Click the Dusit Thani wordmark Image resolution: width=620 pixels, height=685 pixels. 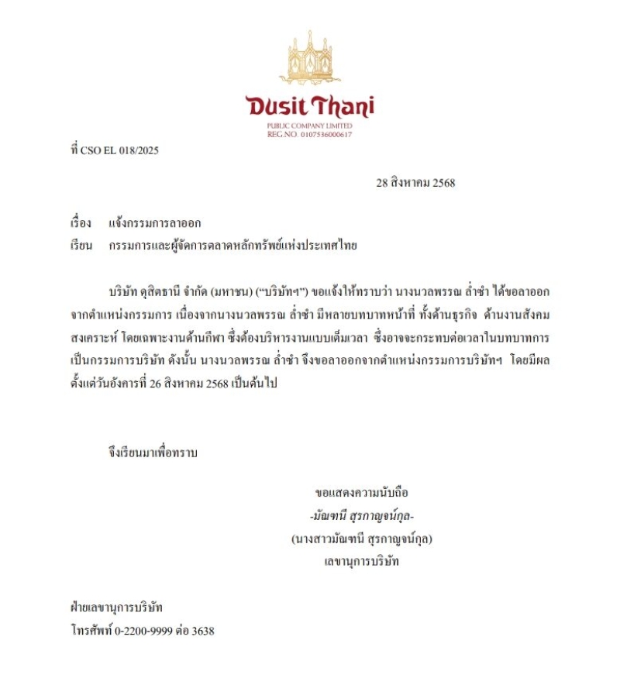point(310,105)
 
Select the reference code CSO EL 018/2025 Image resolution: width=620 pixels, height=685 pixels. point(120,150)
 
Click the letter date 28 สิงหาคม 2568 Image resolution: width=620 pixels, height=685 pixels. point(415,184)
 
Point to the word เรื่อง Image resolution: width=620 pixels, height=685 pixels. point(81,223)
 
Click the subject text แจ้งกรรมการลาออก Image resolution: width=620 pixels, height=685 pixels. point(155,223)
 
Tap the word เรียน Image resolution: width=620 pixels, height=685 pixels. point(81,246)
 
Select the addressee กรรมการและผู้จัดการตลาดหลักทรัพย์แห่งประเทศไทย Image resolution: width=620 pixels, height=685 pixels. point(233,246)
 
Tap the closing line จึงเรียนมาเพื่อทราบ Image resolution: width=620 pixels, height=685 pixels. point(153,453)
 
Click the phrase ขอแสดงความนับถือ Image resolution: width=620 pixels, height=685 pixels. point(362,492)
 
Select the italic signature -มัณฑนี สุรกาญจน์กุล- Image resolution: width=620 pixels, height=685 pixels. point(362,515)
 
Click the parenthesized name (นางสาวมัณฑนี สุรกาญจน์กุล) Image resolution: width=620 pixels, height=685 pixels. point(362,538)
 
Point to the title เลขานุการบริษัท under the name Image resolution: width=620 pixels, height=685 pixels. point(362,560)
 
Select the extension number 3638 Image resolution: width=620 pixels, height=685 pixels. point(202,631)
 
